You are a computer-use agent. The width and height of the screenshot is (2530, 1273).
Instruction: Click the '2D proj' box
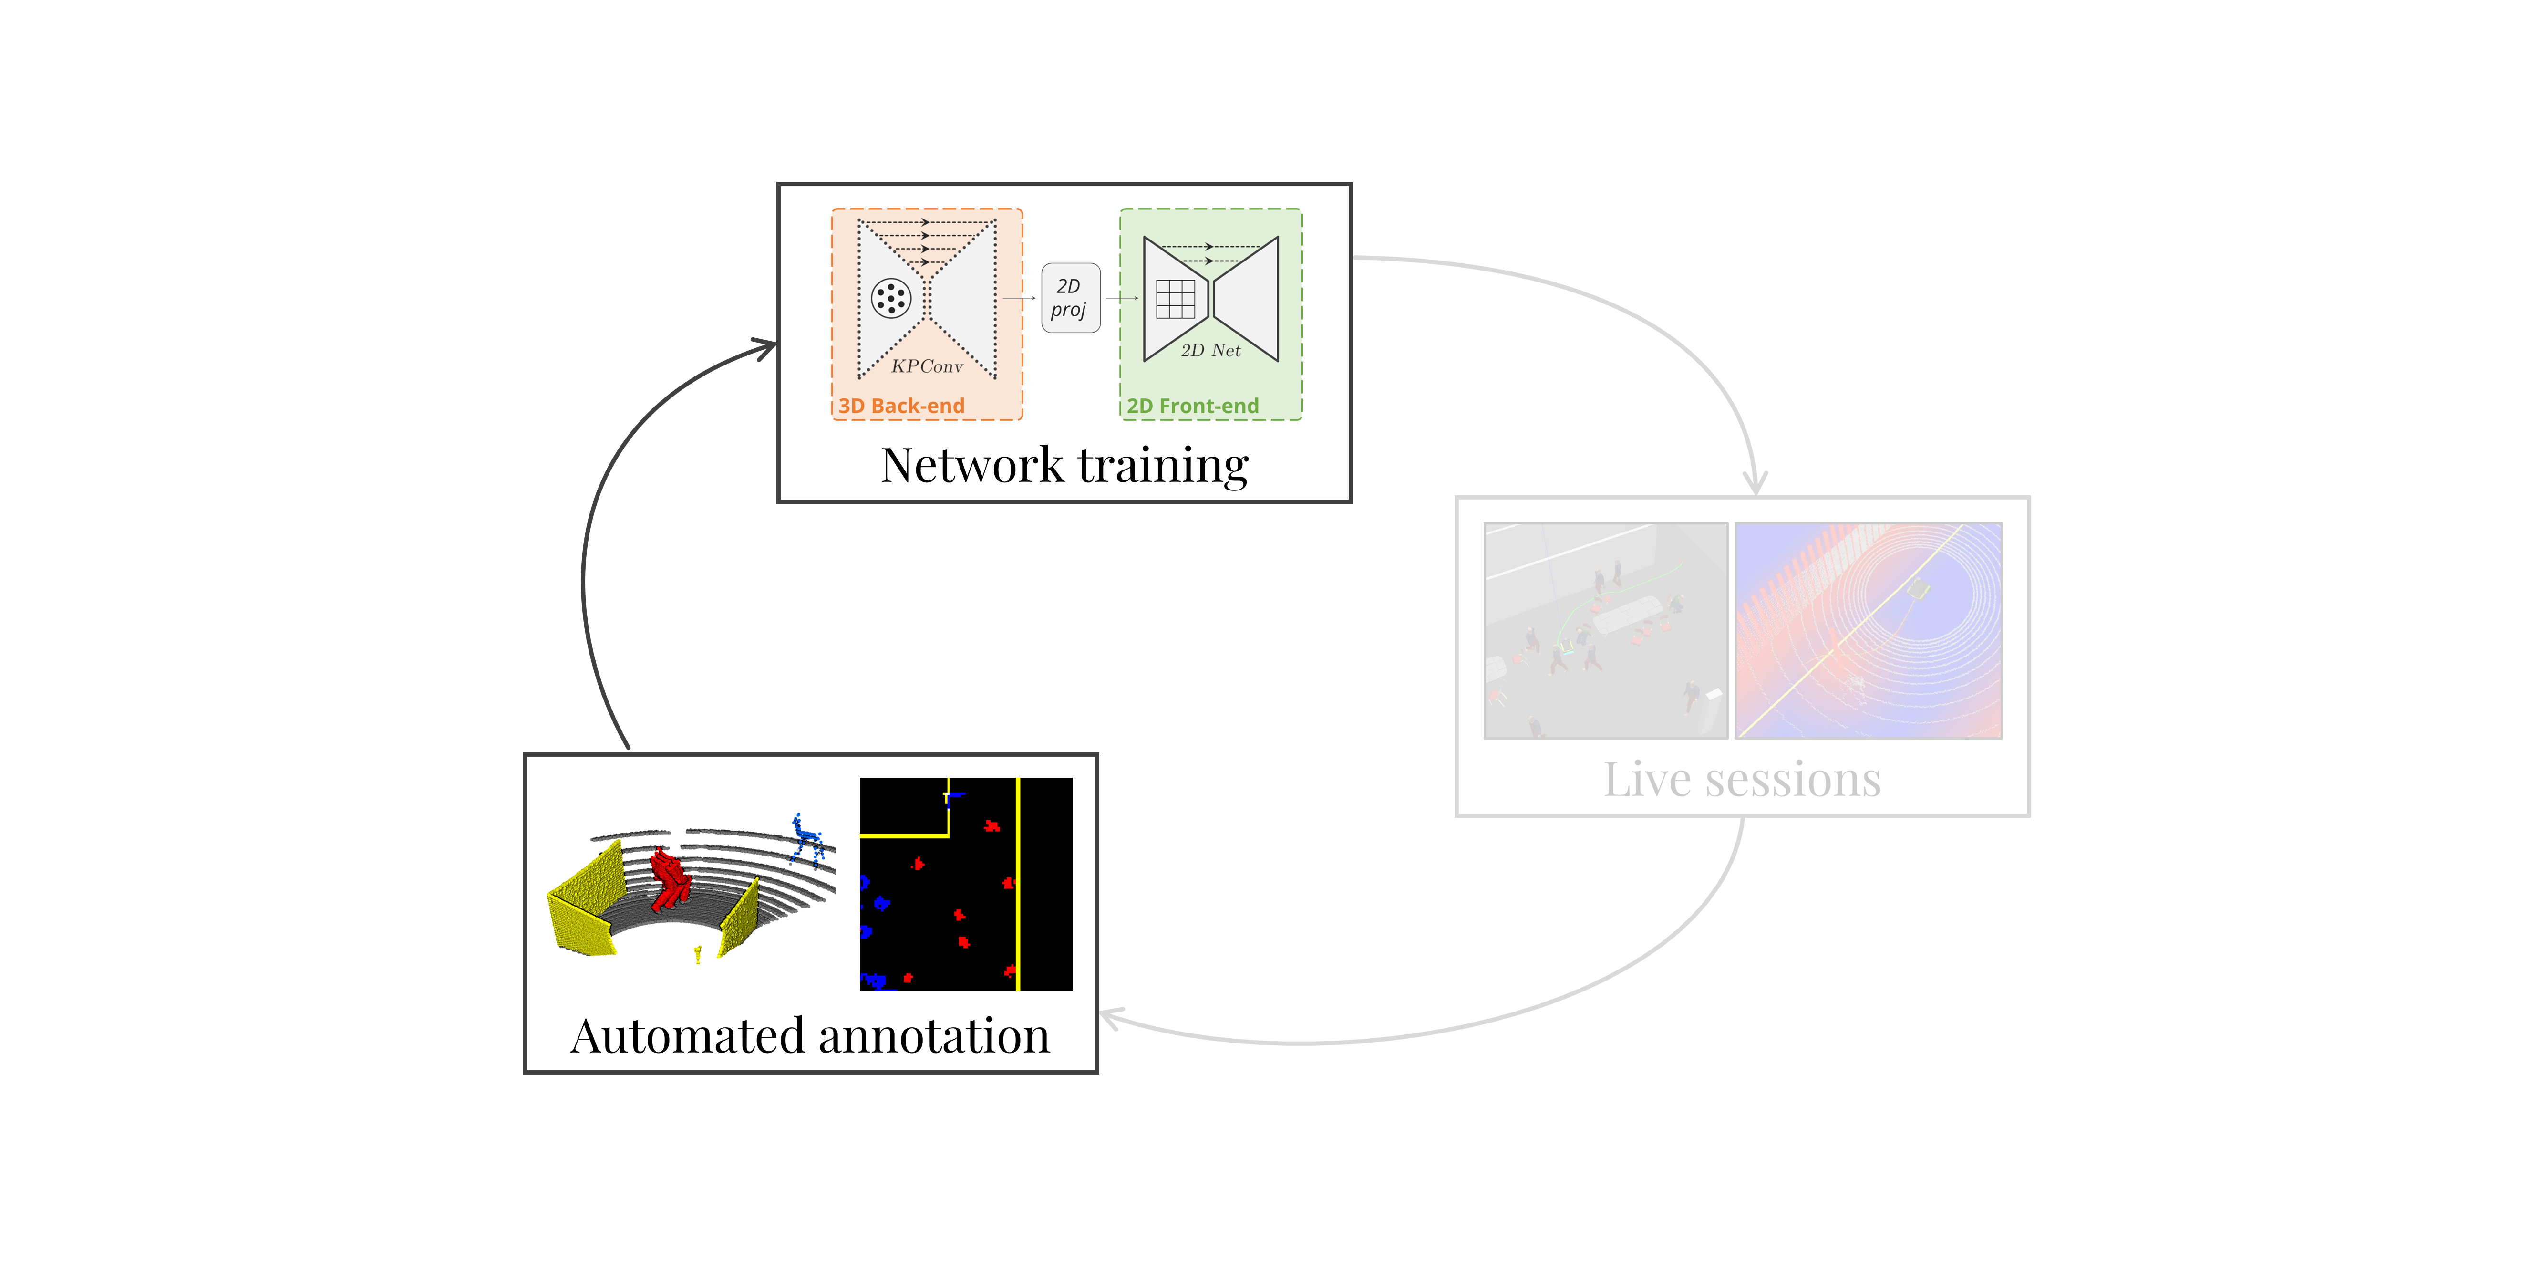pyautogui.click(x=1070, y=298)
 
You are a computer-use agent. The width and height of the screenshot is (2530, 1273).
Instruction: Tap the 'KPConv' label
pyautogui.click(x=926, y=366)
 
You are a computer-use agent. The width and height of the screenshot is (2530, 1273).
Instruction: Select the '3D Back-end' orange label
pyautogui.click(x=900, y=406)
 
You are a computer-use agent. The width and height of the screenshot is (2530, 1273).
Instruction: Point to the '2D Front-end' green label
pyautogui.click(x=1192, y=406)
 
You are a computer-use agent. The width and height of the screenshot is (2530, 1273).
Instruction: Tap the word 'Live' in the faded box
pyautogui.click(x=1647, y=780)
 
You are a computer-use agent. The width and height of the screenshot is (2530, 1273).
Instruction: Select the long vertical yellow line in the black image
pyautogui.click(x=1019, y=884)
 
